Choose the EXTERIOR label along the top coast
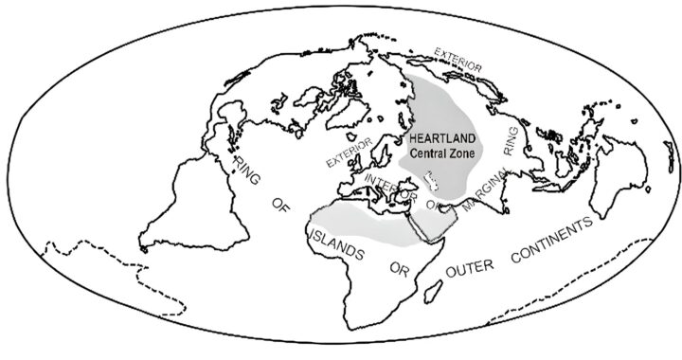pos(458,59)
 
